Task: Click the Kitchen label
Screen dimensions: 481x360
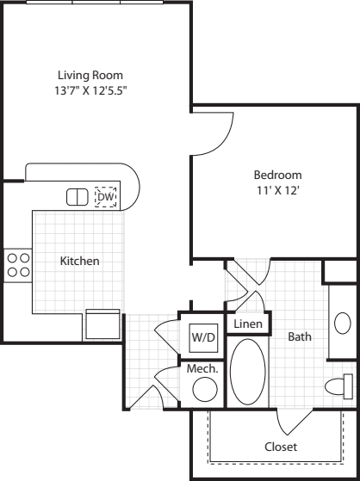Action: pyautogui.click(x=79, y=261)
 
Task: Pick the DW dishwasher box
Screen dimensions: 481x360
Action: pyautogui.click(x=106, y=197)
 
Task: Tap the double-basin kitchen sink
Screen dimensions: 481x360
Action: pyautogui.click(x=78, y=197)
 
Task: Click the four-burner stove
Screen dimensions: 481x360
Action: pyautogui.click(x=18, y=264)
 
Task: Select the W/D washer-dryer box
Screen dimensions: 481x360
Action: pyautogui.click(x=202, y=337)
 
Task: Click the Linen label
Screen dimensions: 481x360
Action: pyautogui.click(x=247, y=324)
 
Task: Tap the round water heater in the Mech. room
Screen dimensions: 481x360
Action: pyautogui.click(x=204, y=390)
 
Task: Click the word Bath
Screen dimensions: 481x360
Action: pyautogui.click(x=299, y=337)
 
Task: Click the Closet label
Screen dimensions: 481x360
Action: pyautogui.click(x=280, y=447)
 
